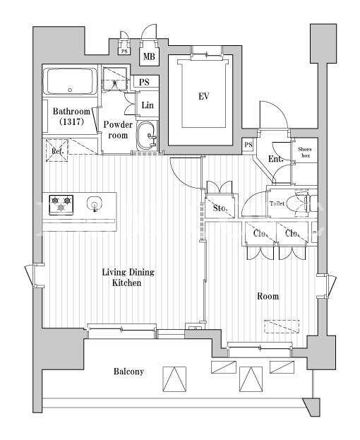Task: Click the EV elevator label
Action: point(204,97)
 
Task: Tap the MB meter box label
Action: point(149,57)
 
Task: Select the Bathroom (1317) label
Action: point(71,117)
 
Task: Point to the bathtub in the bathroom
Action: point(70,81)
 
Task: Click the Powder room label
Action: point(118,130)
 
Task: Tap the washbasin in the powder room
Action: point(146,136)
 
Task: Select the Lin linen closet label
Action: point(148,105)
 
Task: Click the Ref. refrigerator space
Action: point(56,150)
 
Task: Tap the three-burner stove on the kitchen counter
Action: point(61,205)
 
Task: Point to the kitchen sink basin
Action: point(94,203)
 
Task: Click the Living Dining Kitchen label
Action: point(128,278)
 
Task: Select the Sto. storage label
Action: point(220,208)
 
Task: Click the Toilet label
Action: point(277,203)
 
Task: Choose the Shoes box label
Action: point(304,152)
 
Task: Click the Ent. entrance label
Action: point(276,159)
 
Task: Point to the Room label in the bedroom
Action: point(268,296)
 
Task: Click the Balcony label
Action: point(128,371)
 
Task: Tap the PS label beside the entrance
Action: point(248,145)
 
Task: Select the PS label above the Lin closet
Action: point(144,82)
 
